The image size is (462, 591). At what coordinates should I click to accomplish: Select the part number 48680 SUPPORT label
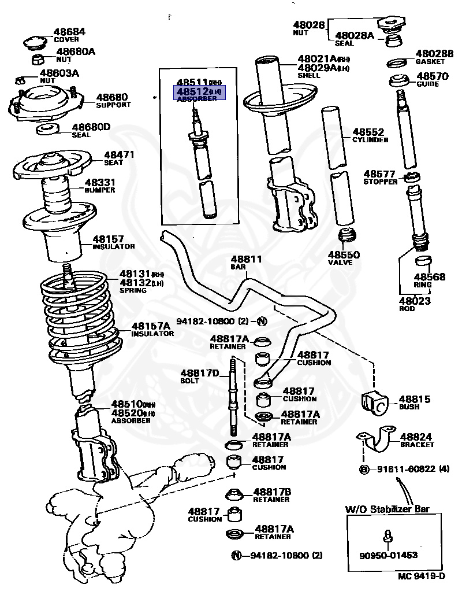coord(113,101)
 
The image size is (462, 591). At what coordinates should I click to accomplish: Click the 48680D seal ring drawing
coord(47,129)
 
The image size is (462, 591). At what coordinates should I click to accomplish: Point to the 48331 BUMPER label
coord(100,186)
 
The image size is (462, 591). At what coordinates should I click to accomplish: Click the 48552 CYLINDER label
coord(370,135)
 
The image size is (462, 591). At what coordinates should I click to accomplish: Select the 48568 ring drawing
coord(424,261)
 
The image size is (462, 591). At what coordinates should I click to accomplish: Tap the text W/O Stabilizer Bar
coord(387,509)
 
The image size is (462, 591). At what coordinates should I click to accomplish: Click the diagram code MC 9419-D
coord(421,576)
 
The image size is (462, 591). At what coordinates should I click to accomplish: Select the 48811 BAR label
coord(246,263)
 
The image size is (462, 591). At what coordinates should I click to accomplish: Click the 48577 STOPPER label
coord(380,177)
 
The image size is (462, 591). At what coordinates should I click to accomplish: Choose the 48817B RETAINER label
coord(271,495)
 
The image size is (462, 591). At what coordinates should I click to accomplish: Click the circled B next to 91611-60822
coord(364,469)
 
